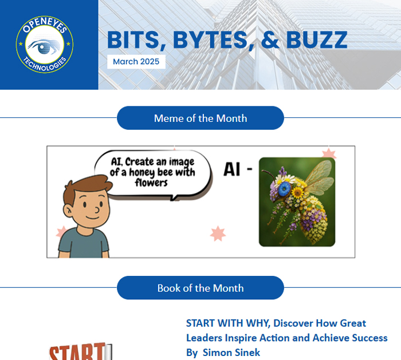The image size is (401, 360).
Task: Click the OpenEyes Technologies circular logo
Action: click(45, 45)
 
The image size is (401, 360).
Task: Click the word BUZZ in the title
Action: click(317, 40)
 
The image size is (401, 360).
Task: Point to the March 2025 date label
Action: click(136, 62)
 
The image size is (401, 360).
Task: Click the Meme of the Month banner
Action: click(200, 118)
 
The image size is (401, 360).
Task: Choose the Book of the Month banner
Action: click(200, 288)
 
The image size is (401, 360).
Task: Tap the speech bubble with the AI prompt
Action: click(153, 174)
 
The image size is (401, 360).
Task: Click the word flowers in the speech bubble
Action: click(151, 183)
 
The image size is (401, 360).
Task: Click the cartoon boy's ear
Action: click(68, 211)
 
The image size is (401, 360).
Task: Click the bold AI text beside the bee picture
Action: click(231, 169)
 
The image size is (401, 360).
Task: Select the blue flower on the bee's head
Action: click(284, 189)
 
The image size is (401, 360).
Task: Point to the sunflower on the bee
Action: click(298, 192)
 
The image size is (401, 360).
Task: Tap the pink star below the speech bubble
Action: click(218, 234)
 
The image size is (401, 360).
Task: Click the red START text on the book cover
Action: click(77, 351)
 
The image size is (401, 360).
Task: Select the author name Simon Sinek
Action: click(231, 353)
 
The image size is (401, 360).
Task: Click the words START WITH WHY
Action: click(228, 323)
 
